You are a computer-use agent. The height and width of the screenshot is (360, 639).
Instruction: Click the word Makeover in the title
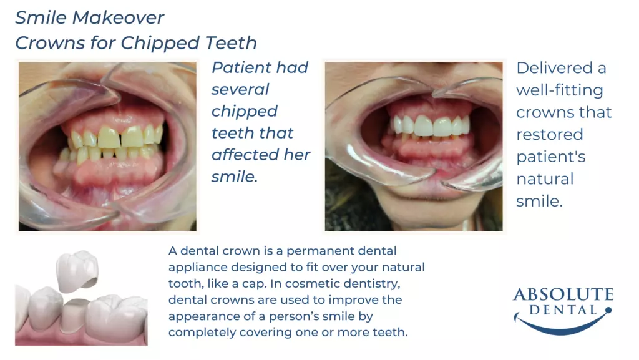tap(118, 17)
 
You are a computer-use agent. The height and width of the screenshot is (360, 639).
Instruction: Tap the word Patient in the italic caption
tap(240, 67)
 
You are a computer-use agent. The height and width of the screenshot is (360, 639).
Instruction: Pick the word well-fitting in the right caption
tap(560, 90)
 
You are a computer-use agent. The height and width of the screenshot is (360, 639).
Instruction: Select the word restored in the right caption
tap(549, 134)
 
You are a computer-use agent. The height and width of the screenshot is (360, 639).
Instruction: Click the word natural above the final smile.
tap(545, 179)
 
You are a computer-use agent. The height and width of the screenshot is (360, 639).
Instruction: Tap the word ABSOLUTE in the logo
tap(563, 294)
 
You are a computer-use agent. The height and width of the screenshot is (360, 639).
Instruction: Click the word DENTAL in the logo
tap(563, 310)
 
